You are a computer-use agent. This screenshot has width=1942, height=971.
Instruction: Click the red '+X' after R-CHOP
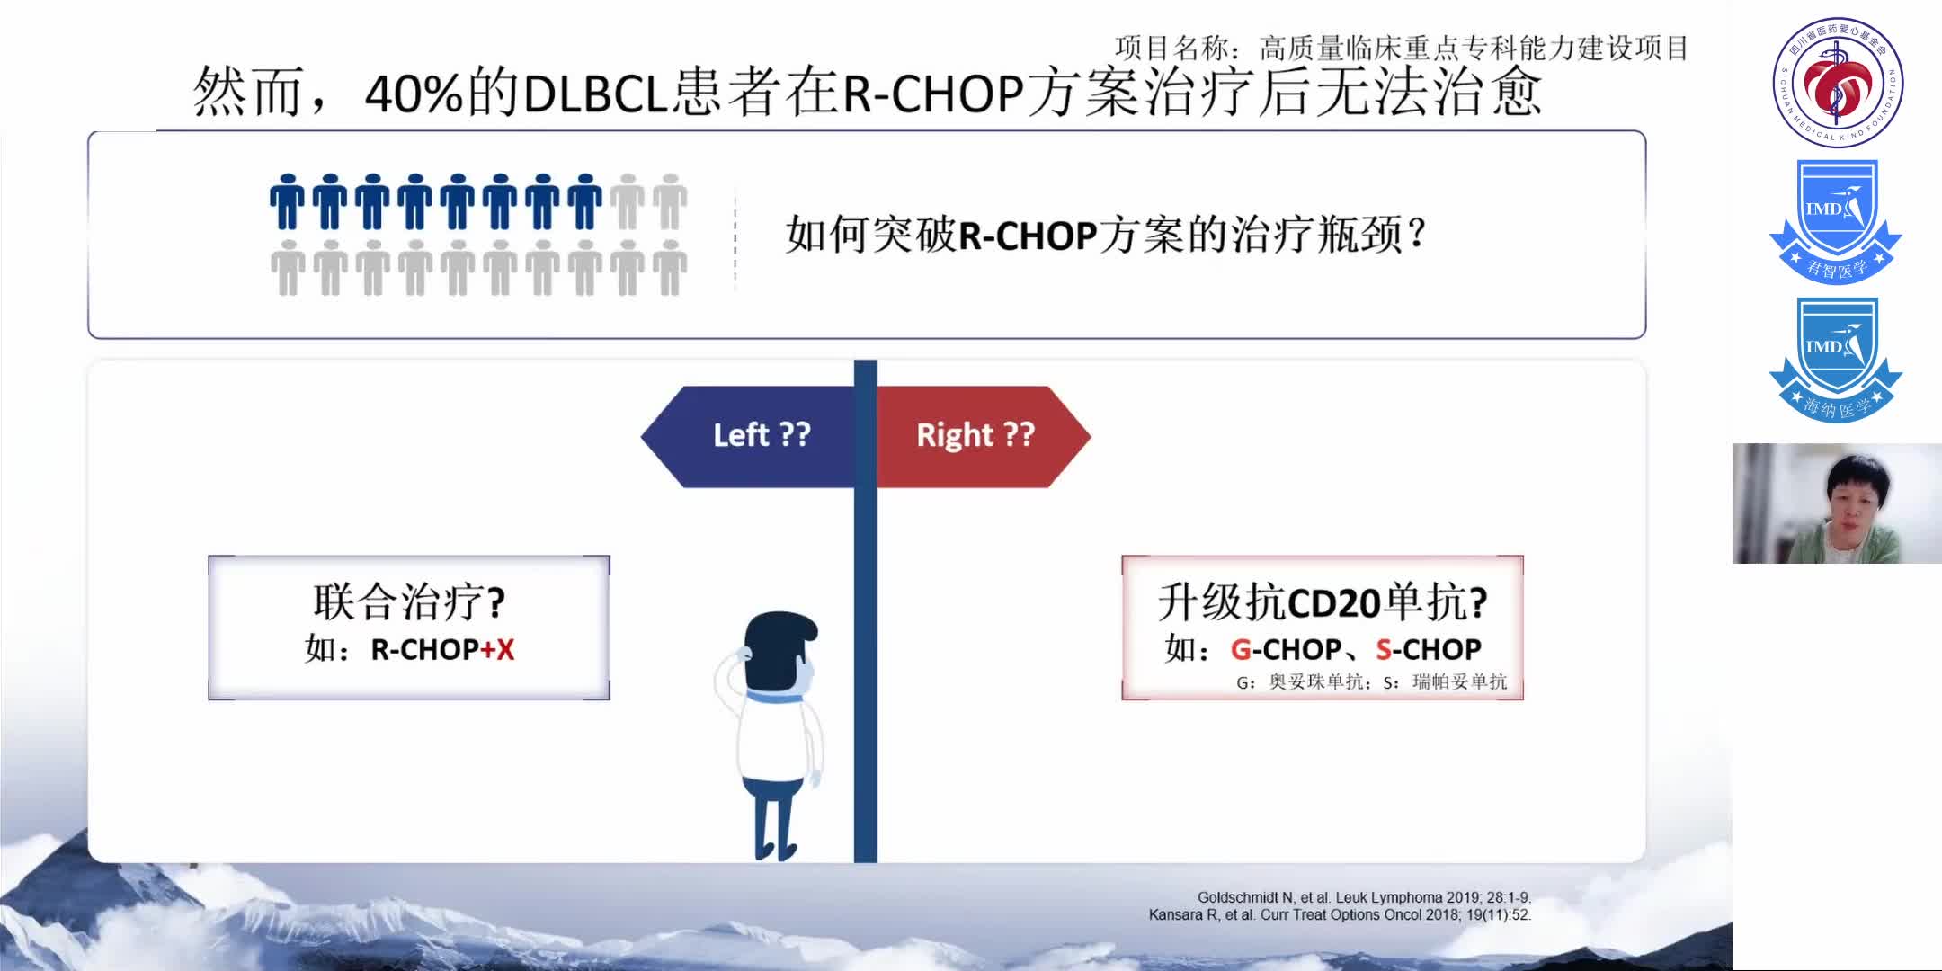pos(497,649)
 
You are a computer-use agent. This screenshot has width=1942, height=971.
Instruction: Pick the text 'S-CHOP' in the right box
pos(1429,649)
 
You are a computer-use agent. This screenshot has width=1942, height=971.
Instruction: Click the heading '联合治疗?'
pos(409,601)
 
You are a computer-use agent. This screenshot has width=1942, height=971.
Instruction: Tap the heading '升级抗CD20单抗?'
pos(1322,601)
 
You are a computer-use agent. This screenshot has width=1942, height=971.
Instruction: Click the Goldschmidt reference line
pos(1364,897)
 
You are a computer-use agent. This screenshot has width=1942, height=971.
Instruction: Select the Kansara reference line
pos(1340,915)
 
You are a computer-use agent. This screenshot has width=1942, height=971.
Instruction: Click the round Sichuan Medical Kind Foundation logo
pos(1838,83)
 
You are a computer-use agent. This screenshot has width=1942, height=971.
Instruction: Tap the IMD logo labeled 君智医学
pos(1835,221)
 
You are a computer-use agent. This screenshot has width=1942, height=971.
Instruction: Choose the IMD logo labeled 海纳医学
pos(1835,360)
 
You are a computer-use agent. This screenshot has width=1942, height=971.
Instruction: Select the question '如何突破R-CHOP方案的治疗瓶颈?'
pos(1106,236)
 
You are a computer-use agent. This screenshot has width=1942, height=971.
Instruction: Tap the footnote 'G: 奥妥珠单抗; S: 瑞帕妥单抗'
pos(1371,682)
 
